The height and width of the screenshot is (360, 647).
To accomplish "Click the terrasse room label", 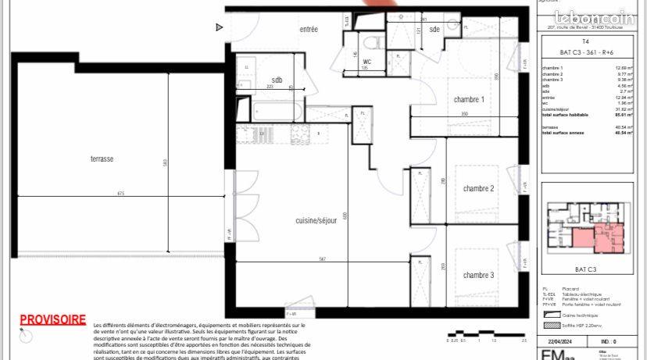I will tap(102, 159).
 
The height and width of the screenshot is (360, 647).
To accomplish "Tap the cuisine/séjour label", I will tap(316, 220).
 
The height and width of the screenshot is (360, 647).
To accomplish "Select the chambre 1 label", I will tap(470, 100).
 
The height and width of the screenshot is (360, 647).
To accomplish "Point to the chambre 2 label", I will tap(478, 188).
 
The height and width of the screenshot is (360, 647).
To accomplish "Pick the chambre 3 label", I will tap(478, 275).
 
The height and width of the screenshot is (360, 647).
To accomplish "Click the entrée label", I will tap(309, 30).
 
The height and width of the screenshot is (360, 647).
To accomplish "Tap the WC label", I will tap(366, 61).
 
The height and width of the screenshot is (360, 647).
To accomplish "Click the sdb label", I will tap(277, 80).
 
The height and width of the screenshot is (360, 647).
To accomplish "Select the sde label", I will tap(434, 30).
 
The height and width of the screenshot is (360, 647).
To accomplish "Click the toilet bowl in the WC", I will tap(373, 41).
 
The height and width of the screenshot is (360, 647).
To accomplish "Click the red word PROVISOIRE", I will tap(53, 319).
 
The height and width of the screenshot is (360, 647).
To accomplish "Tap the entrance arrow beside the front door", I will tap(220, 27).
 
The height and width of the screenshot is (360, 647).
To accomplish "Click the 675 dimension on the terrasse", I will tap(121, 193).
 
